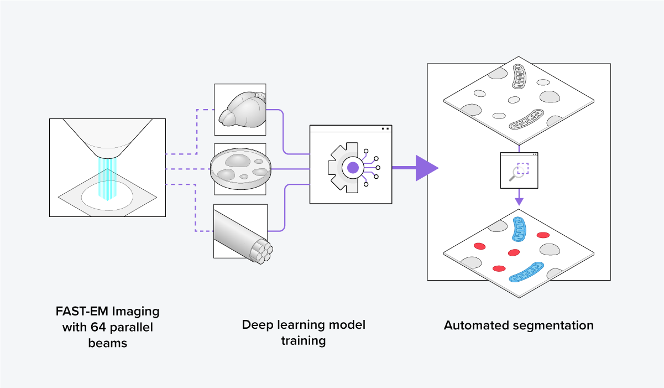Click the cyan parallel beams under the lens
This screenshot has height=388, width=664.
coord(108,177)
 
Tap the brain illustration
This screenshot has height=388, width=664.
coord(241,108)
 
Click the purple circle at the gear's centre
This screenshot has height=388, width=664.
coord(353,167)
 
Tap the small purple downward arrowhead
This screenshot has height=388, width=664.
coord(519,201)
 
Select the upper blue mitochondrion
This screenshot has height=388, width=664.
coord(521,229)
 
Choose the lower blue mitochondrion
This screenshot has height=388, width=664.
coord(529,271)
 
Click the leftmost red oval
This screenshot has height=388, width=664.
coord(479,245)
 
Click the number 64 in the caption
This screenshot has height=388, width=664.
coord(99,327)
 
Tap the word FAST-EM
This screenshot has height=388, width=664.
coord(79,311)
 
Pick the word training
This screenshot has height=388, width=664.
coord(303,340)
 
